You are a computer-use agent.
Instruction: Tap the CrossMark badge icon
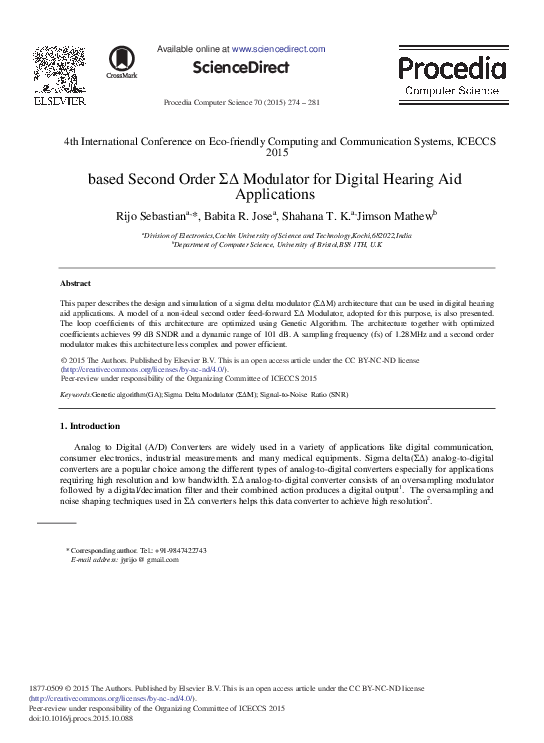pos(122,61)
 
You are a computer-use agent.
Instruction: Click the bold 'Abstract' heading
pos(76,284)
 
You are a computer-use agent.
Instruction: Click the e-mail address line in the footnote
pos(124,560)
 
